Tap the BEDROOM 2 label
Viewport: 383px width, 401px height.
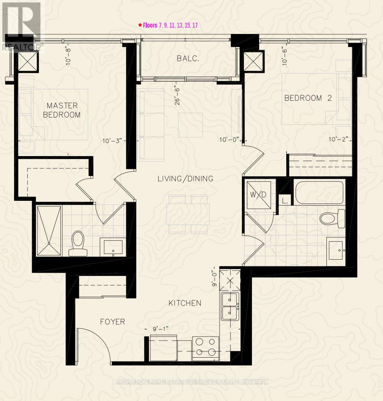tap(308, 98)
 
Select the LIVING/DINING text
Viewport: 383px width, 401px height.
tap(185, 179)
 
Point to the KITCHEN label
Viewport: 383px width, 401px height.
tap(185, 303)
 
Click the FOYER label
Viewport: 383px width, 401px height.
tap(112, 322)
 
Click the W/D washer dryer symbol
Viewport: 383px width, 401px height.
tap(259, 195)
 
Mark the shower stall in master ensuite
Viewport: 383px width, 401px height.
tap(49, 231)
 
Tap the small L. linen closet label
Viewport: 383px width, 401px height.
tap(285, 202)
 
